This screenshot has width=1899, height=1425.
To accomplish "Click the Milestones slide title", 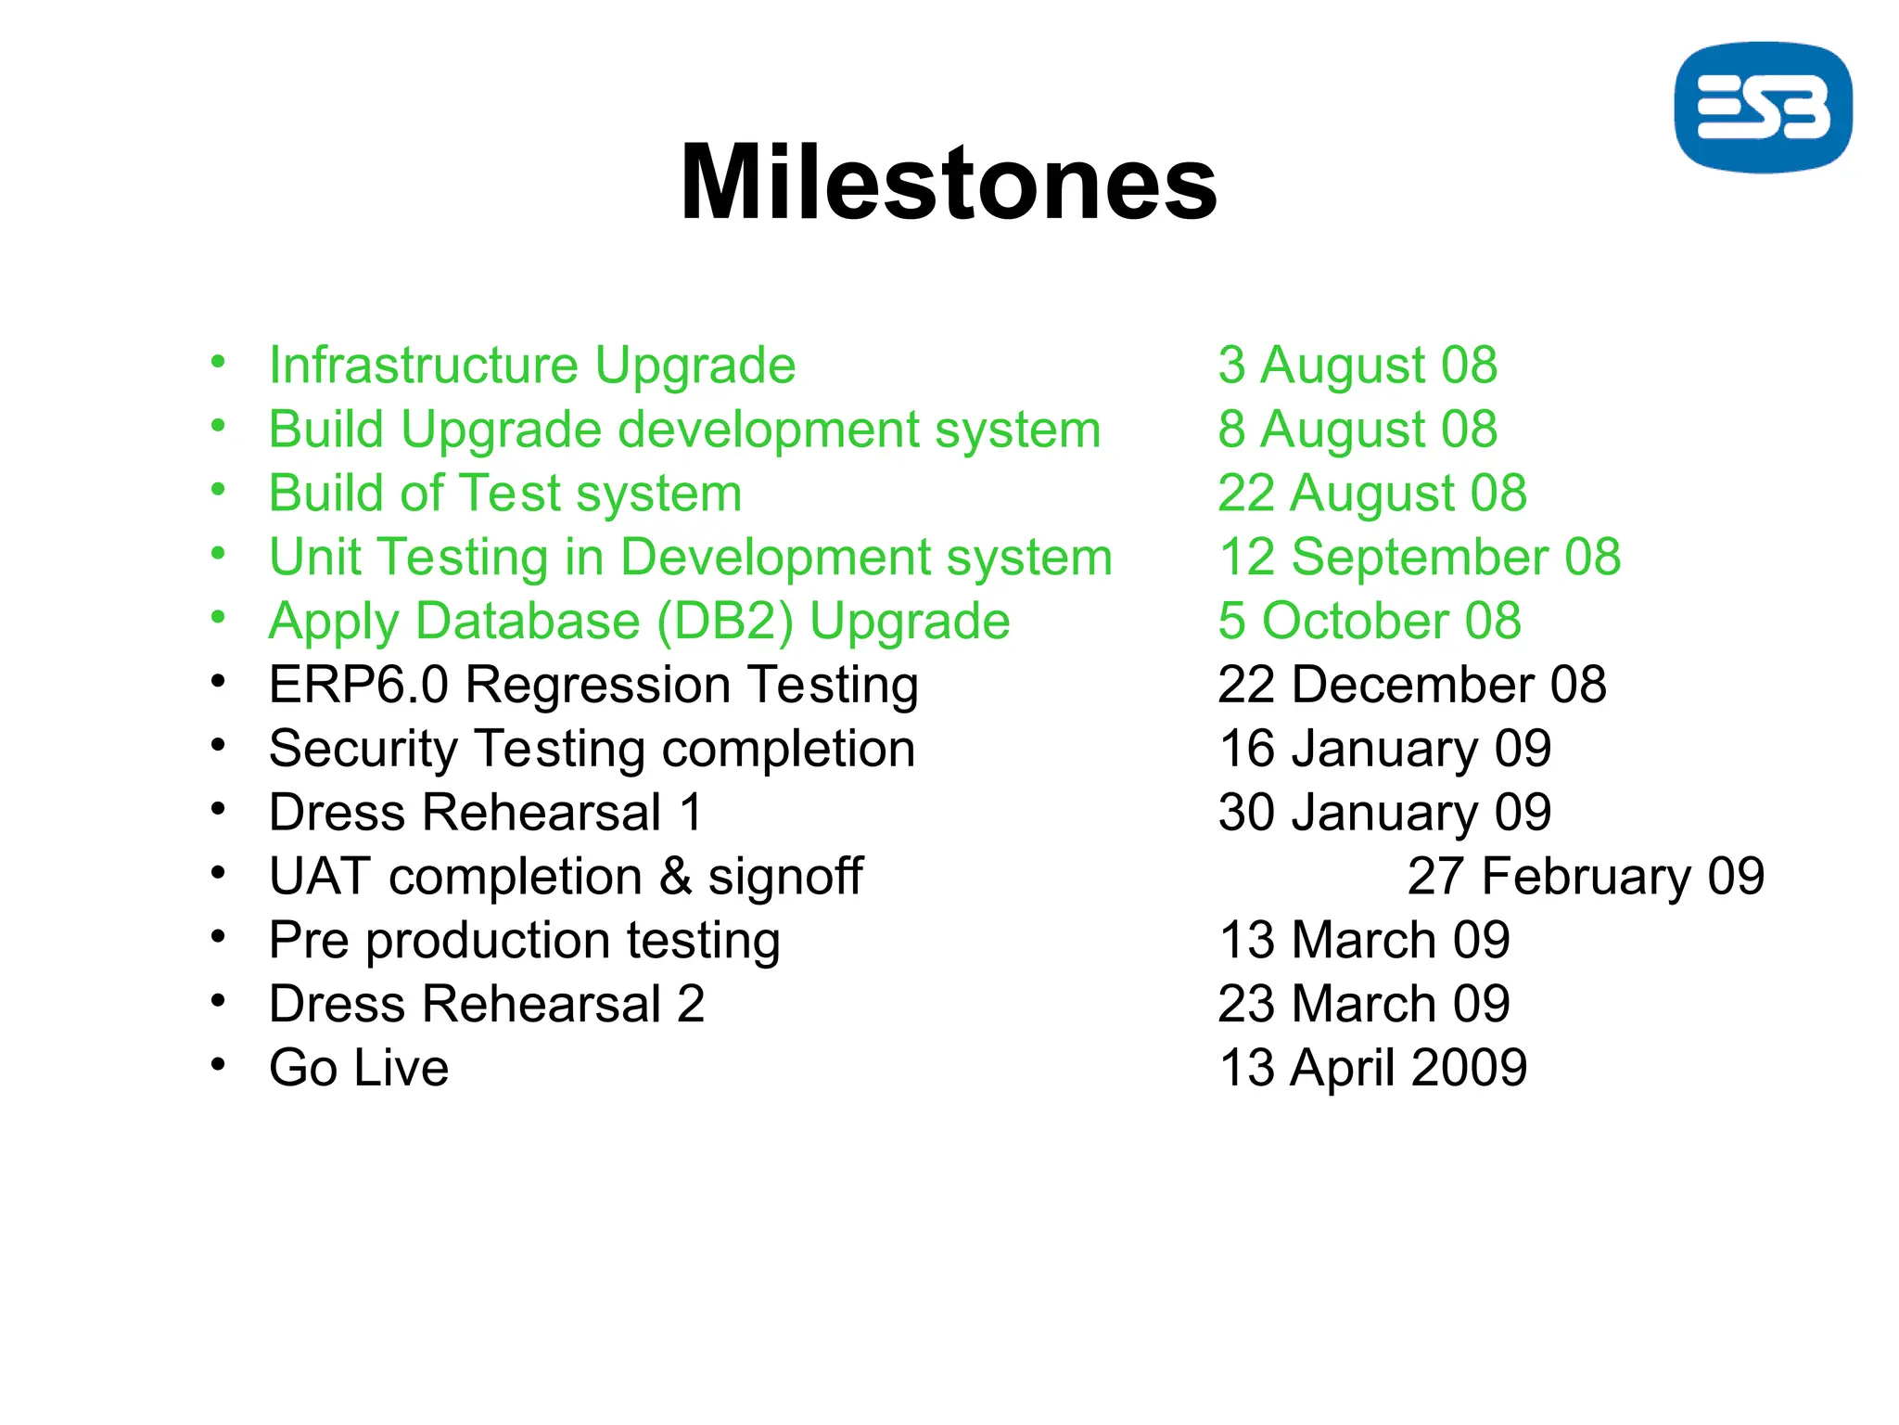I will point(948,183).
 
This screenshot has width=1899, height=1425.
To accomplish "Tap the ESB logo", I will point(1763,108).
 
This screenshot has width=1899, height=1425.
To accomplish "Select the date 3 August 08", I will point(1357,365).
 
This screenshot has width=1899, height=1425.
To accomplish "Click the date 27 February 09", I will point(1586,876).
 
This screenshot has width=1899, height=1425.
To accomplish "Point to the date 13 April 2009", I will point(1372,1067).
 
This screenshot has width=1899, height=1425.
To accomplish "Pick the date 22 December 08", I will point(1411,685).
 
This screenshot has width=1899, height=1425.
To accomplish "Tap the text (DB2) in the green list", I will point(725,621).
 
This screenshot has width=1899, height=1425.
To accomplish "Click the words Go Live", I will point(359,1067).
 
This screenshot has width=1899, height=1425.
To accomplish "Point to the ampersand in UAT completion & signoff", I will point(676,877).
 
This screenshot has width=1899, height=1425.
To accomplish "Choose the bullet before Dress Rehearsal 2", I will point(218,1001).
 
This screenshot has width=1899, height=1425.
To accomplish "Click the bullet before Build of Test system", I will point(218,490).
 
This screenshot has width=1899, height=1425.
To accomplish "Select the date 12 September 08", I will point(1419,557).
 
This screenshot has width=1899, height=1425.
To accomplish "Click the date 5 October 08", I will point(1369,621).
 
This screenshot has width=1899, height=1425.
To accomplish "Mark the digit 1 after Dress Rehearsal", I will point(691,813).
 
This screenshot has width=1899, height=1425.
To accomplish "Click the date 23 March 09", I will point(1363,1004).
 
